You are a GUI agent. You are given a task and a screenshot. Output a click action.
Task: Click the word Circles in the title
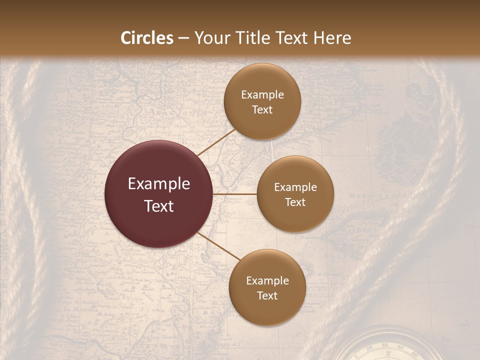(146, 38)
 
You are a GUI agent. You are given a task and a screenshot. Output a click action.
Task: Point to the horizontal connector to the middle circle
(234, 193)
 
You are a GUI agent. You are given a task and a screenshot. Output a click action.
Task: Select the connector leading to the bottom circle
(218, 246)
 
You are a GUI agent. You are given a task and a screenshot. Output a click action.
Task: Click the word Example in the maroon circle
(159, 184)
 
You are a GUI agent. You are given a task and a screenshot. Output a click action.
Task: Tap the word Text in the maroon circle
(159, 206)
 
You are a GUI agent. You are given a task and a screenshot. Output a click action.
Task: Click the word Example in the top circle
(262, 95)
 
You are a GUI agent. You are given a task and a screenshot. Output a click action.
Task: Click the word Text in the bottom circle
(267, 295)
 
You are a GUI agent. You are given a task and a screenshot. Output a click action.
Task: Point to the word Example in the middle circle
(295, 187)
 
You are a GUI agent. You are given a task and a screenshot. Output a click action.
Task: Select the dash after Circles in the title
(183, 38)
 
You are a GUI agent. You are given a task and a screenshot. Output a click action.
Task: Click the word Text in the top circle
(262, 109)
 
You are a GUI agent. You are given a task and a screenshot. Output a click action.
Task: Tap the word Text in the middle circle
(295, 202)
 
